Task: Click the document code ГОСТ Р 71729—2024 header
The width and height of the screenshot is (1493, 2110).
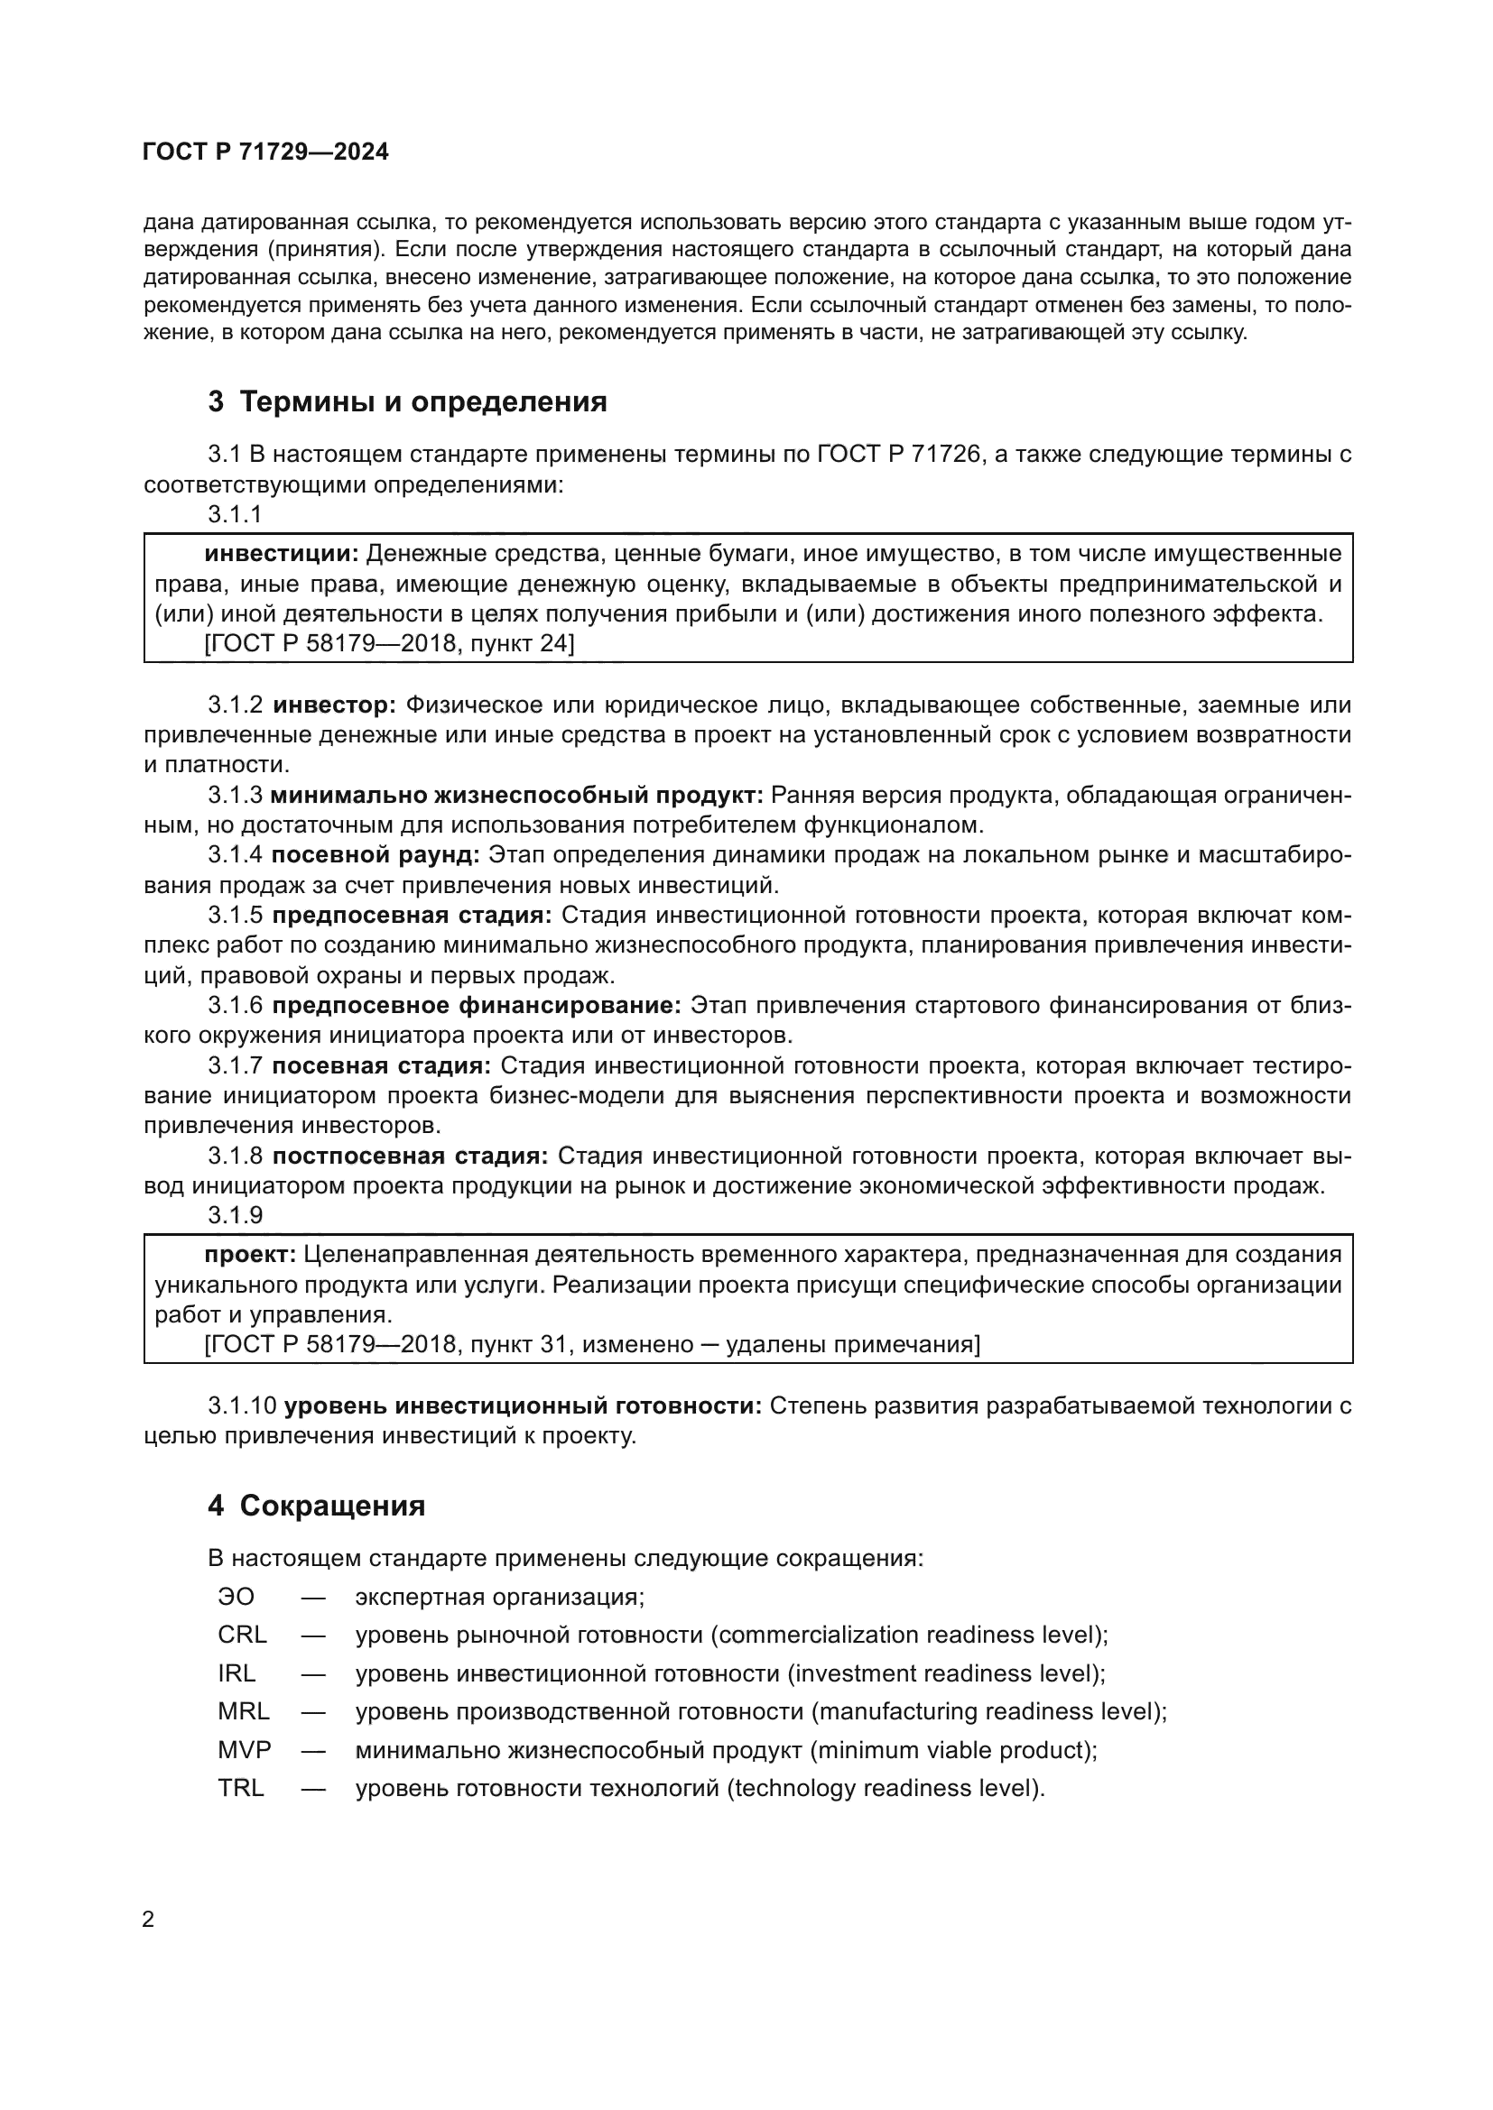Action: [265, 152]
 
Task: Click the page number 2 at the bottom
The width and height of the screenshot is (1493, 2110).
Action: [148, 1920]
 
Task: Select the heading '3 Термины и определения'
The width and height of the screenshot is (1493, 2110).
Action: [407, 401]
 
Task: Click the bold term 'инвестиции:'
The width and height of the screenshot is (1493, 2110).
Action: [282, 553]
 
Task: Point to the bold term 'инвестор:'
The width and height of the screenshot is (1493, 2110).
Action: [335, 705]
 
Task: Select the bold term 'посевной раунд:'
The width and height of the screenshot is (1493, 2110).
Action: [376, 854]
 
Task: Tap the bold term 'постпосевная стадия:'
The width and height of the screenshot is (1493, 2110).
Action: [410, 1156]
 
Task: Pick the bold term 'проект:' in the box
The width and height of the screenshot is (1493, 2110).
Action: [250, 1255]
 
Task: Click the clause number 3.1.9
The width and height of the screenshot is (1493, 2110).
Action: [236, 1215]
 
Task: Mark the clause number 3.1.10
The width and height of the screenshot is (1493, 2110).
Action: [241, 1405]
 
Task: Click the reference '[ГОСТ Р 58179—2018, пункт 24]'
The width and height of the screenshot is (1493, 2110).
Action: [389, 643]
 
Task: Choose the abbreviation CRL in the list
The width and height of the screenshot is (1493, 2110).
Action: [242, 1635]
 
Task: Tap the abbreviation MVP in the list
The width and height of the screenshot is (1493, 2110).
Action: [245, 1750]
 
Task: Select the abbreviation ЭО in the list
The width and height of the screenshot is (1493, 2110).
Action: [236, 1597]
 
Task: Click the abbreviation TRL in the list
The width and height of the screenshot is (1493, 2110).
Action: [241, 1788]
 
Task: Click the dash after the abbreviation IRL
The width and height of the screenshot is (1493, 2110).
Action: [312, 1673]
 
